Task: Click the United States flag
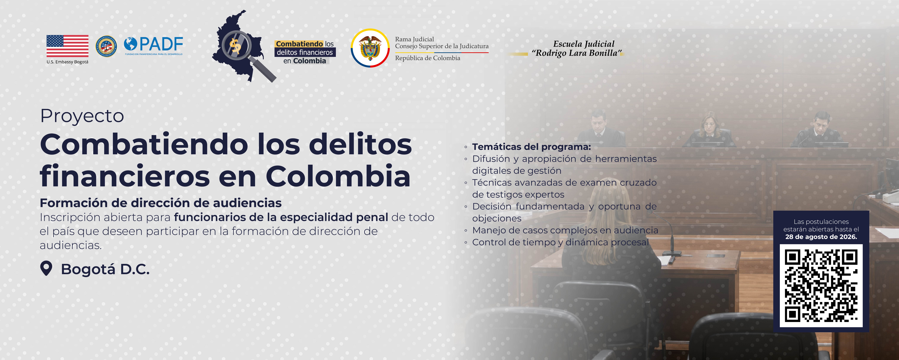(x=67, y=46)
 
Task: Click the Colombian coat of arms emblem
(x=370, y=48)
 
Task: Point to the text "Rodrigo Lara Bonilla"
(x=577, y=53)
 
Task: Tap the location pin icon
(x=46, y=269)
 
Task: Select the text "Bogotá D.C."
(x=105, y=269)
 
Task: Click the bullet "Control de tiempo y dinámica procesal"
(x=560, y=242)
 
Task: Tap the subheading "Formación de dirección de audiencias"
(x=161, y=203)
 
